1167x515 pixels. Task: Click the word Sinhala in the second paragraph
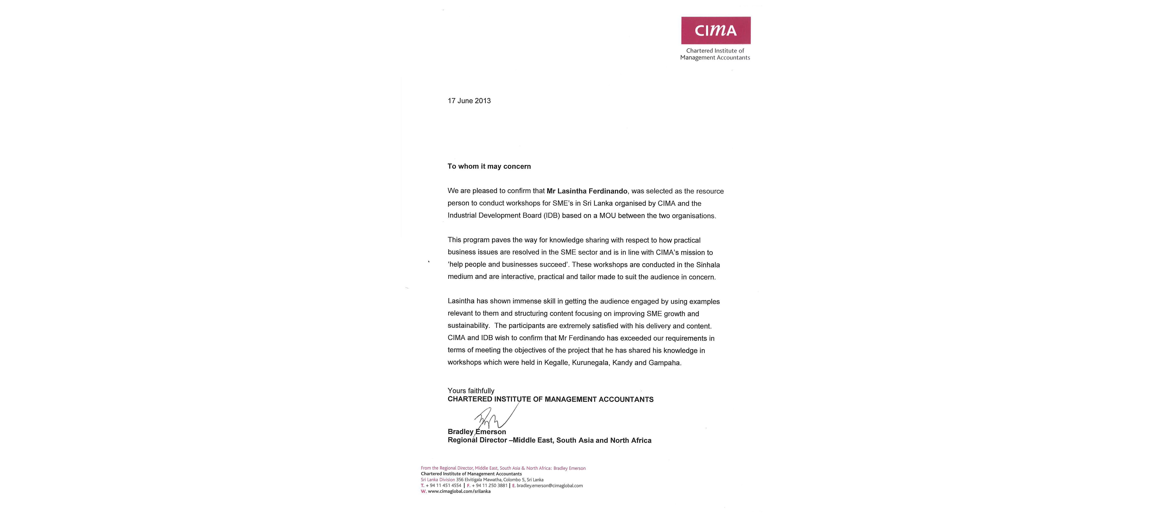[708, 265]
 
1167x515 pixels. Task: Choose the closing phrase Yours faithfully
[471, 391]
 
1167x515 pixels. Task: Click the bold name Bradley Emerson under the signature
[477, 432]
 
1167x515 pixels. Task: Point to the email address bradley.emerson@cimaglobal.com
[550, 486]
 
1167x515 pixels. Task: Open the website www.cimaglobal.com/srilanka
[459, 491]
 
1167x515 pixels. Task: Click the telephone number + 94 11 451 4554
[443, 486]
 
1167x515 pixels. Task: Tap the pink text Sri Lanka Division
[438, 480]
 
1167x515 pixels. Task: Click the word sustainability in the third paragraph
[468, 326]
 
